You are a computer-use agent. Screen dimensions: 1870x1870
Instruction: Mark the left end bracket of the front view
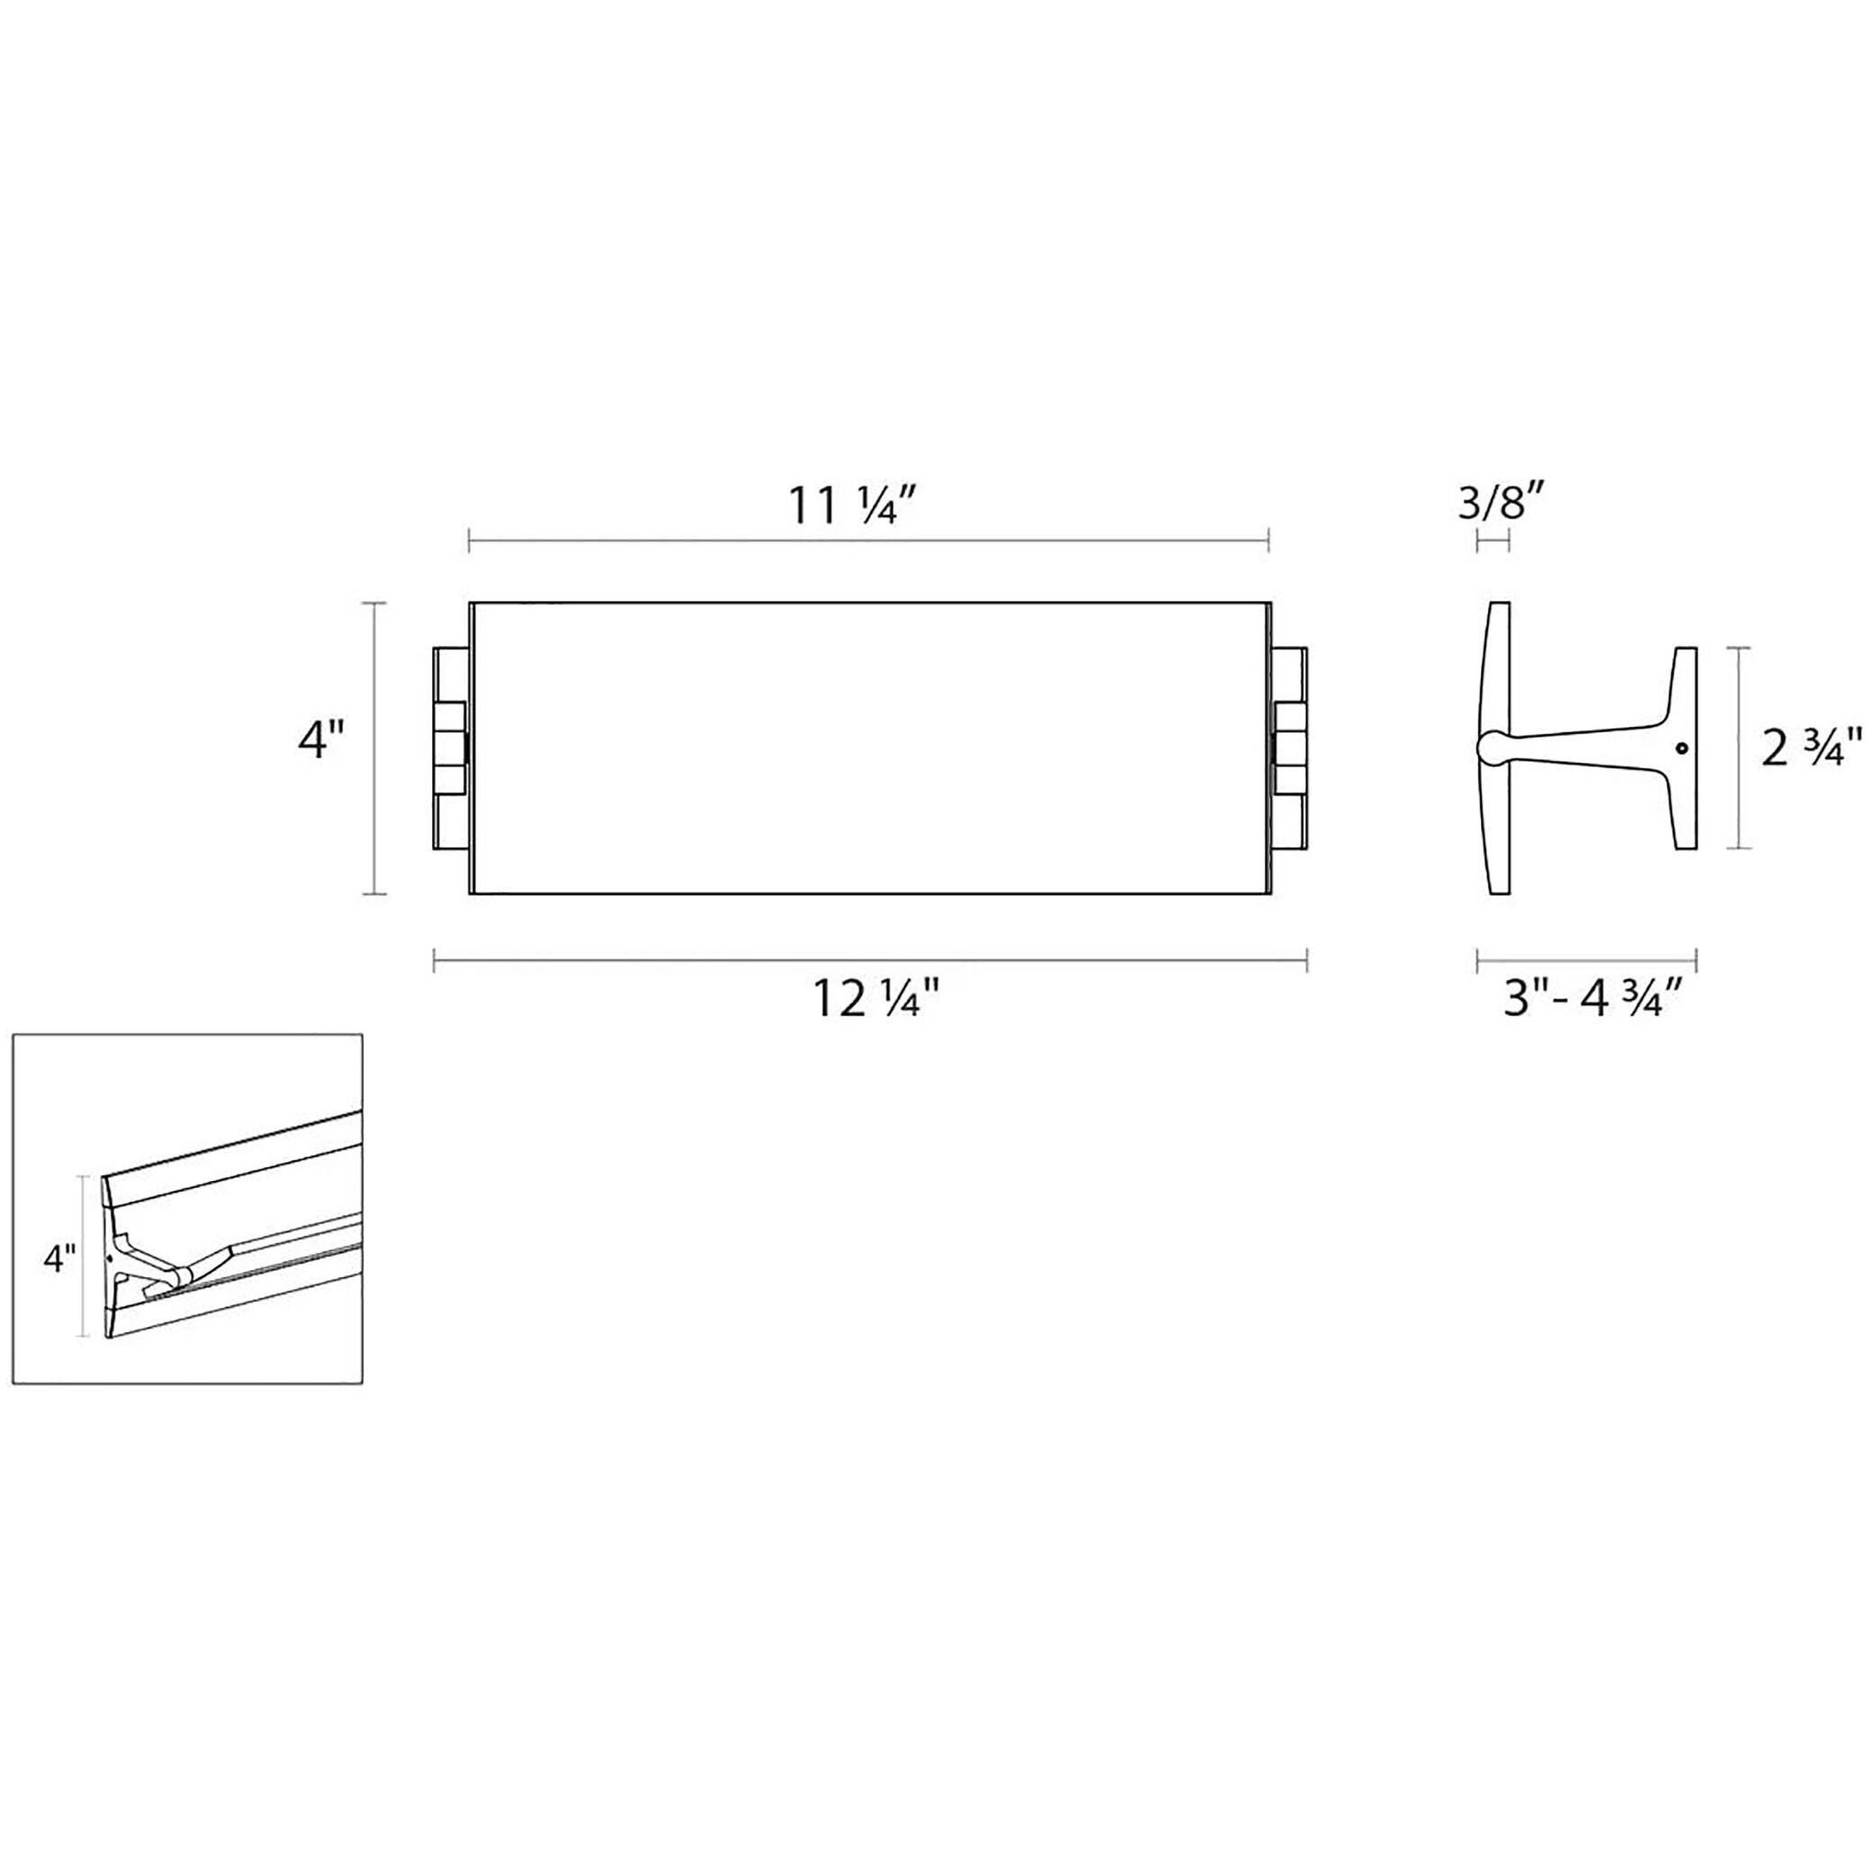tap(451, 749)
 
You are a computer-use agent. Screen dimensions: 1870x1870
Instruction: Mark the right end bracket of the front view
tap(1290, 749)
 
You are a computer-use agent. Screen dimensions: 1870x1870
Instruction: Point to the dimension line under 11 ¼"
tap(868, 541)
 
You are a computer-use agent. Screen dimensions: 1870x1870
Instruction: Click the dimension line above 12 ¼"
tap(870, 960)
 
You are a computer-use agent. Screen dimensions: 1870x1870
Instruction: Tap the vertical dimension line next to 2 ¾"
tap(1741, 749)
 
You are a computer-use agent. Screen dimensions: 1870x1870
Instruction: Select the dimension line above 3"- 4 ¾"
tap(1587, 960)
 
